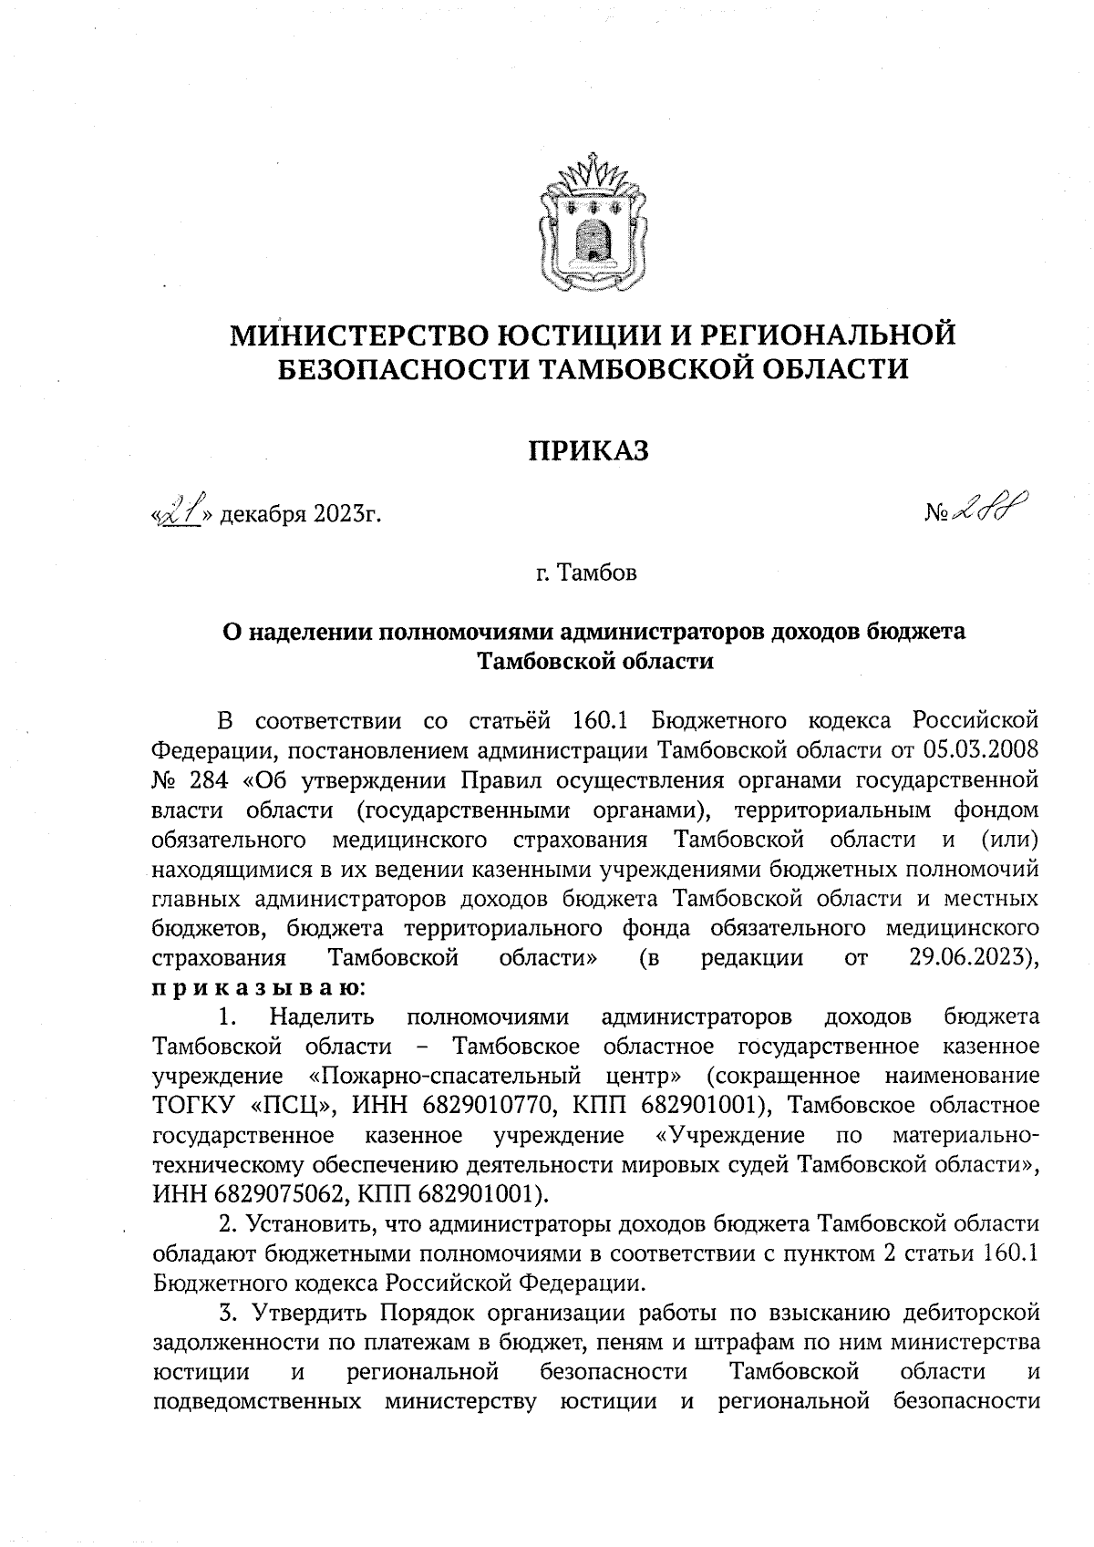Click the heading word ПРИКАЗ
point(591,449)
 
